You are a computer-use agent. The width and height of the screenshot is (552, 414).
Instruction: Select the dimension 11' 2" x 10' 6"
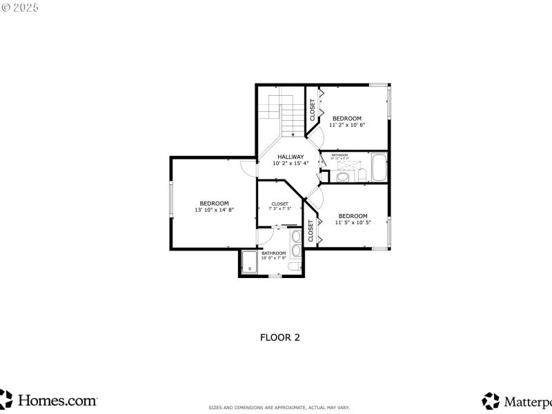click(346, 125)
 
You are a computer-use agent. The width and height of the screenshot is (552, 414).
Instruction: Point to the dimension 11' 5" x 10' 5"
click(353, 222)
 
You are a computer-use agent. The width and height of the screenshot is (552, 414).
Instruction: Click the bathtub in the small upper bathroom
click(379, 168)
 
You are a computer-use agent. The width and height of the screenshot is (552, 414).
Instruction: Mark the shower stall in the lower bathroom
click(248, 262)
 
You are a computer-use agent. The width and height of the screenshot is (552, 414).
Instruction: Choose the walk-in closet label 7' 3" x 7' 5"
click(279, 208)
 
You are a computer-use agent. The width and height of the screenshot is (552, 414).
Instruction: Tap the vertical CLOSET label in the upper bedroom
click(313, 110)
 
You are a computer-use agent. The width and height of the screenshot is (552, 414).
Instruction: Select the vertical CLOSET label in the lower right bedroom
click(311, 231)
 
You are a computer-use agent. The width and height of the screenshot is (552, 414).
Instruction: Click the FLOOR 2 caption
click(279, 337)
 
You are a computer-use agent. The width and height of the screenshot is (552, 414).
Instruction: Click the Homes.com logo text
click(57, 400)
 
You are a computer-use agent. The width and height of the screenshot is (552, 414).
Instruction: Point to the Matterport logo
click(517, 400)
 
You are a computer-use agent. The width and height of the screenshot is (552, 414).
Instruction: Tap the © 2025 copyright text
click(20, 7)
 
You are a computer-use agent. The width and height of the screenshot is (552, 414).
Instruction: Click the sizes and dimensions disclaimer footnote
click(279, 407)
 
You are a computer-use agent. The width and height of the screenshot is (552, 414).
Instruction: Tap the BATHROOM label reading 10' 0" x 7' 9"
click(273, 255)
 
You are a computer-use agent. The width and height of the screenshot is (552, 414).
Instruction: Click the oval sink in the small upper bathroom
click(343, 176)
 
